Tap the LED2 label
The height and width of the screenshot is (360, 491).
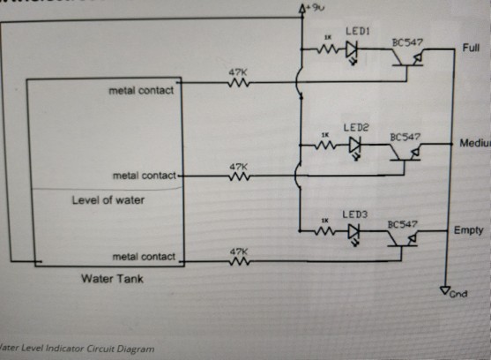point(354,127)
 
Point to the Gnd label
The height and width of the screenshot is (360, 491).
point(458,294)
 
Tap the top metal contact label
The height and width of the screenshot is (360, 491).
point(142,90)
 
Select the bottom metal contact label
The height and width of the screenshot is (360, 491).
point(145,257)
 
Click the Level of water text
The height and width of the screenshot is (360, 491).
point(108,200)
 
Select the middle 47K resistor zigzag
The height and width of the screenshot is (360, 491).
point(238,176)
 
